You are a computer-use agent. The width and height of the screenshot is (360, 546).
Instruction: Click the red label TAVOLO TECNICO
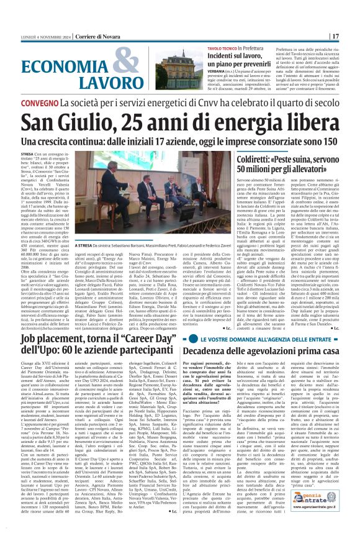(x=220, y=48)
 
